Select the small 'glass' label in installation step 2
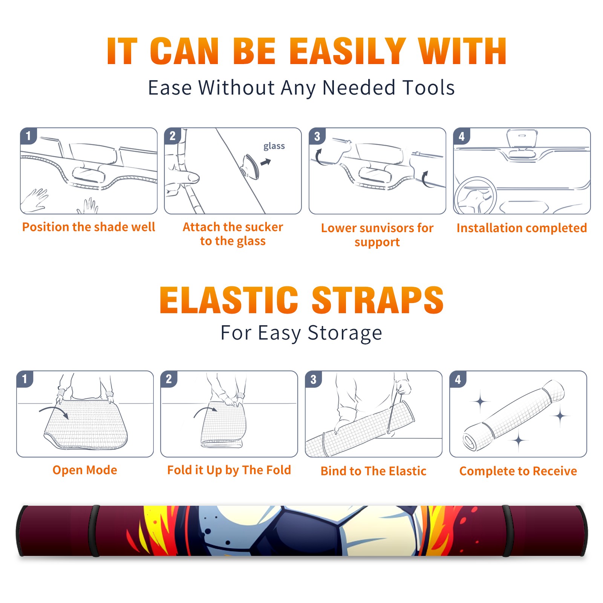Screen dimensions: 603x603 coord(274,146)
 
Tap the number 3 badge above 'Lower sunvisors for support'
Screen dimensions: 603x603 coord(317,136)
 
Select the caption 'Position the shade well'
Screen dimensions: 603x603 coord(89,227)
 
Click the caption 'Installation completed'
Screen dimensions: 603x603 coord(522,228)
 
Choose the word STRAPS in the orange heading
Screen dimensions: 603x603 coord(378,300)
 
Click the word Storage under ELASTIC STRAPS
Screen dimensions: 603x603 coord(345,334)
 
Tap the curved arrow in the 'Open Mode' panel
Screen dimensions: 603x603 coord(54,411)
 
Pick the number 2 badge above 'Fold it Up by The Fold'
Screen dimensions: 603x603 coord(169,379)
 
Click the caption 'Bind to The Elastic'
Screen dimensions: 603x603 coord(373,471)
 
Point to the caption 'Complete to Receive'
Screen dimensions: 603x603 coord(518,471)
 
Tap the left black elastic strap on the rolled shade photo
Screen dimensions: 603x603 coord(94,531)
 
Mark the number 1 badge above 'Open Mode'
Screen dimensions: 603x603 coord(25,379)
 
